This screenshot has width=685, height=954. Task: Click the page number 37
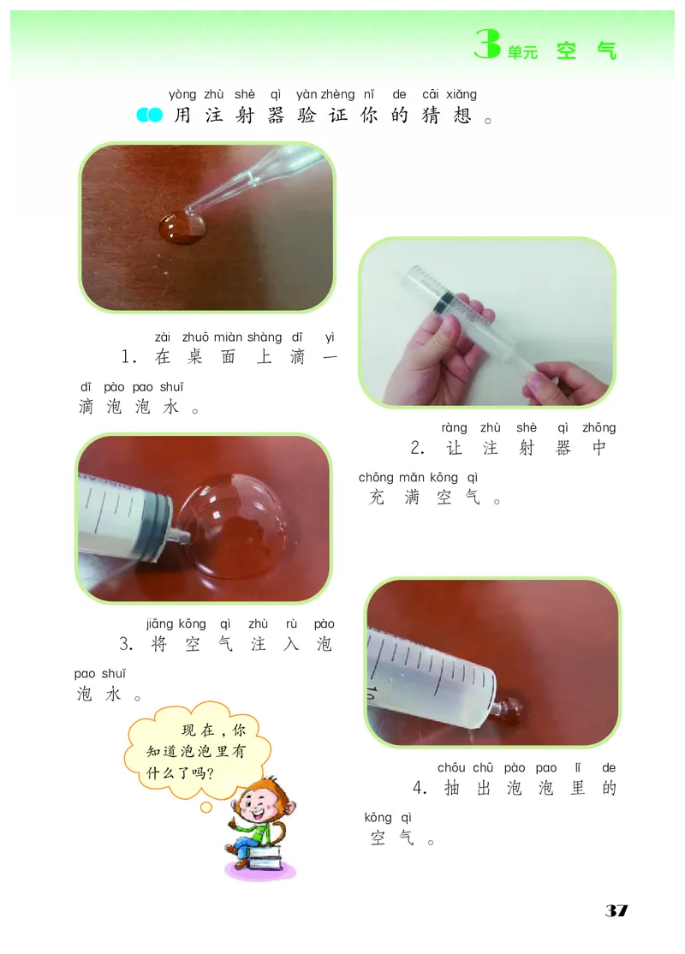coord(616,910)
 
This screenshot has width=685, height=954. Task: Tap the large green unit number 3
coord(487,44)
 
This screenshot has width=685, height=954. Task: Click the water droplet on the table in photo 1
coord(182,228)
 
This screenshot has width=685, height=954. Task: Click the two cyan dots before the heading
coord(150,115)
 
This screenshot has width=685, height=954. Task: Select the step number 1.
coord(128,356)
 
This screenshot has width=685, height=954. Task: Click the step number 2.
coord(417,449)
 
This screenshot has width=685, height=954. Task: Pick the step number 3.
coord(126,644)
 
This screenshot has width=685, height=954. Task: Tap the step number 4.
coord(420,789)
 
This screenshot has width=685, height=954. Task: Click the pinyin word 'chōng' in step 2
coord(376,478)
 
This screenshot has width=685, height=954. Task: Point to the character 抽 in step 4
coord(452,788)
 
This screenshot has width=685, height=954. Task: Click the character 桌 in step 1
coord(194,356)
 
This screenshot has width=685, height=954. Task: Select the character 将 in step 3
coord(159,644)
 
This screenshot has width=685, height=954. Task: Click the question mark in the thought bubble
coord(211,773)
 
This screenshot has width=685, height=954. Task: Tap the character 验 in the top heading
coord(307,115)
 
